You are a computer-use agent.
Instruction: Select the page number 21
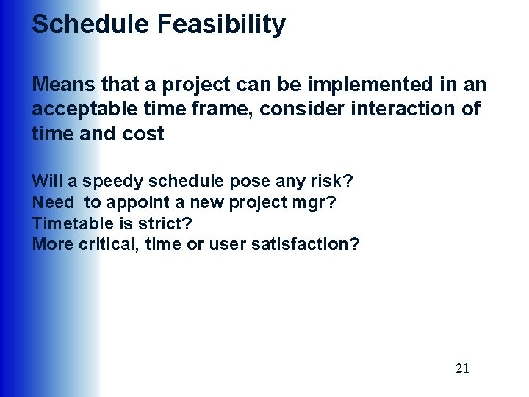[x=462, y=368]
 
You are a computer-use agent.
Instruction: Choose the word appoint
[x=133, y=202]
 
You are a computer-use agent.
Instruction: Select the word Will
[x=46, y=181]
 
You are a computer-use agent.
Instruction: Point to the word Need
[x=53, y=202]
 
